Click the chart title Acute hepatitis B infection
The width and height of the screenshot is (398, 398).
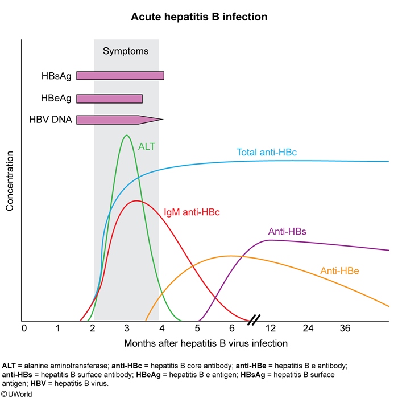click(x=199, y=17)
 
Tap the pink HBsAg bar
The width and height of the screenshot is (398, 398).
click(x=120, y=76)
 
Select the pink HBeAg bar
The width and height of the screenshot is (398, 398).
click(x=109, y=99)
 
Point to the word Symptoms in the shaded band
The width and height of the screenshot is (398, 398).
click(x=126, y=51)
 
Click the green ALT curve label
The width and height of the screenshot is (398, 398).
click(x=147, y=146)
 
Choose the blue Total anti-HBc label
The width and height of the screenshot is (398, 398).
click(x=267, y=153)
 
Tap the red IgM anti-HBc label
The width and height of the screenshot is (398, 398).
click(x=192, y=212)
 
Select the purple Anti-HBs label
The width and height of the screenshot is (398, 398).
click(x=287, y=232)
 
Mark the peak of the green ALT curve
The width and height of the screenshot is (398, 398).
click(x=126, y=136)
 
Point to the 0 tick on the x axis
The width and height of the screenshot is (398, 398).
click(x=24, y=329)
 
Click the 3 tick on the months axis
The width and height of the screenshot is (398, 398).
click(x=127, y=329)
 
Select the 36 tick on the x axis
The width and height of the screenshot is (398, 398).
click(x=345, y=329)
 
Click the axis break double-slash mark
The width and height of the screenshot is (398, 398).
click(x=254, y=319)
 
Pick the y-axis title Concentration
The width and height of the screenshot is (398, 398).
click(x=10, y=182)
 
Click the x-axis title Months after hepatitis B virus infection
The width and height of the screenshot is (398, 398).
click(x=206, y=343)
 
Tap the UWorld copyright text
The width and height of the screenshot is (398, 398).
click(x=16, y=393)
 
